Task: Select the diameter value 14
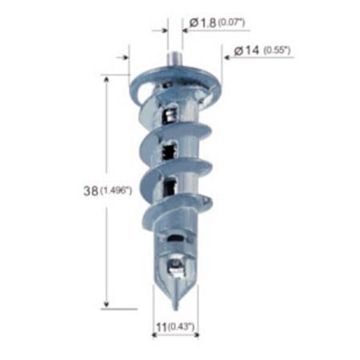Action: click(x=252, y=50)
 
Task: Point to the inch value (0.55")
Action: click(x=277, y=50)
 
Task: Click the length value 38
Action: click(x=90, y=191)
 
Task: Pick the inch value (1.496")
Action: click(x=116, y=191)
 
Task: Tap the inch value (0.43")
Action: click(x=181, y=327)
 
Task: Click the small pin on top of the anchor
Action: click(x=174, y=58)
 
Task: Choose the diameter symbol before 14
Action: click(x=238, y=51)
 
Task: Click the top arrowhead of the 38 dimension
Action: click(x=107, y=79)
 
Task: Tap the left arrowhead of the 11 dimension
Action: click(x=155, y=335)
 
